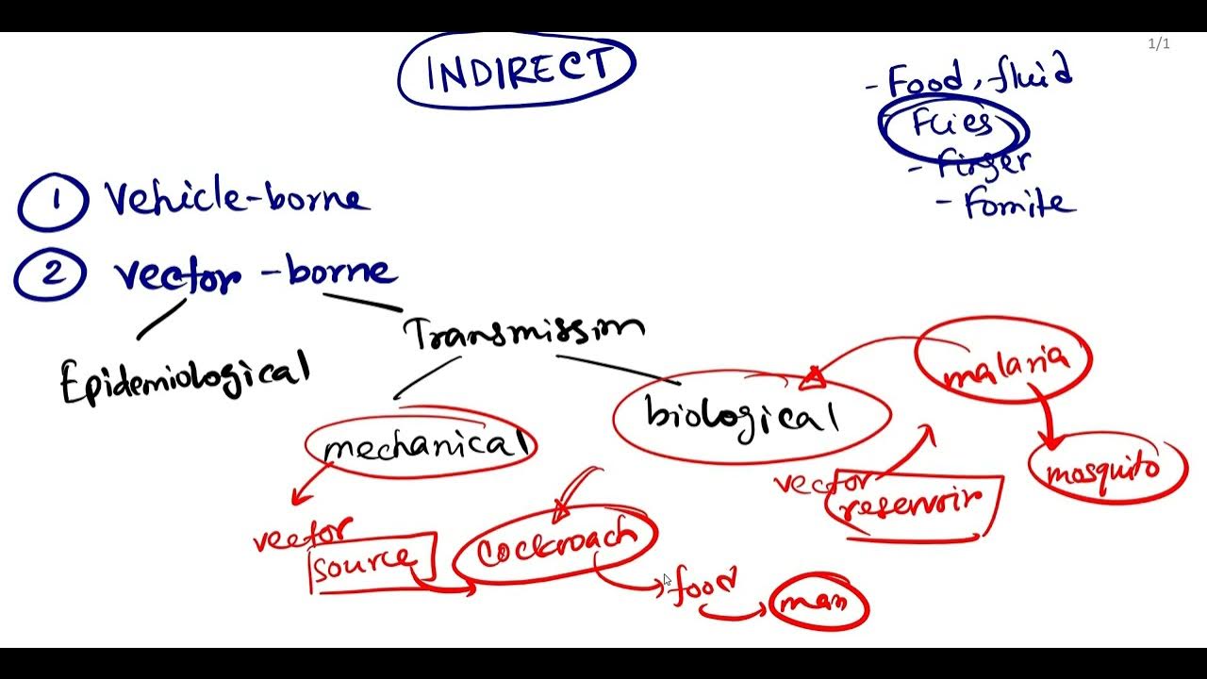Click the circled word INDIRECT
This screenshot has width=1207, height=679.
click(x=518, y=70)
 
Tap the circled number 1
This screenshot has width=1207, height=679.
click(x=53, y=202)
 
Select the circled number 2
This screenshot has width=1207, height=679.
click(x=51, y=274)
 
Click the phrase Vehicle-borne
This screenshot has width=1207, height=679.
click(x=236, y=198)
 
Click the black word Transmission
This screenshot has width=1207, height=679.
click(x=524, y=331)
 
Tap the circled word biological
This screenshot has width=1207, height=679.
click(x=742, y=415)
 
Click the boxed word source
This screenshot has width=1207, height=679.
click(x=363, y=563)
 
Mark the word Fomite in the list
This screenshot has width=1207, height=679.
click(x=1018, y=204)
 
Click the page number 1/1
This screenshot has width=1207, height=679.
click(x=1159, y=43)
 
